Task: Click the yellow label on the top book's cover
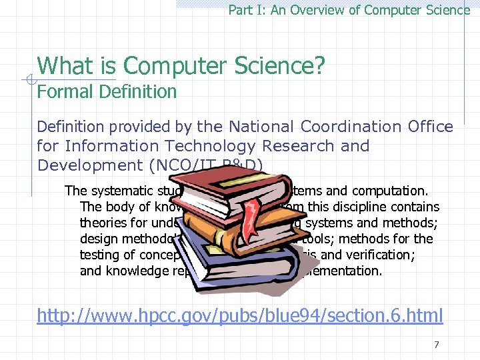[x=219, y=177]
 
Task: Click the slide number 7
[x=436, y=345]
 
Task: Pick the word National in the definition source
[x=262, y=127]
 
